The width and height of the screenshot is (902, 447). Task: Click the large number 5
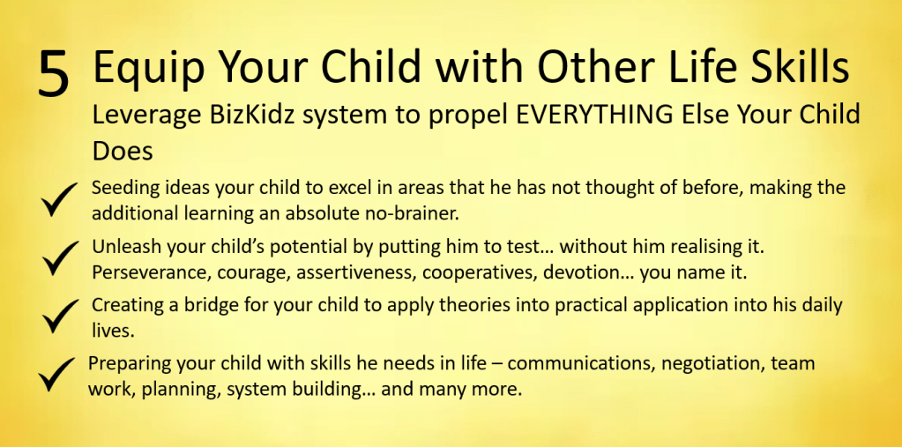[54, 73]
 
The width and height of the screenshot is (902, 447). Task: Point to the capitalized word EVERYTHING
[593, 115]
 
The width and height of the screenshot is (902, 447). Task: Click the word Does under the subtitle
[123, 151]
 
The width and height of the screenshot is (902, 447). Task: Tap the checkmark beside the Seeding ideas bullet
[59, 199]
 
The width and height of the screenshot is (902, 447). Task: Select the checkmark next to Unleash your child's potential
[61, 257]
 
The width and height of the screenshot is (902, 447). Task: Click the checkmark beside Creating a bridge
[61, 316]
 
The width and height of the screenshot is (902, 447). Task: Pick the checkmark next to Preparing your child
[56, 375]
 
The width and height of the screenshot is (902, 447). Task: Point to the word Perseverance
[151, 272]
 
